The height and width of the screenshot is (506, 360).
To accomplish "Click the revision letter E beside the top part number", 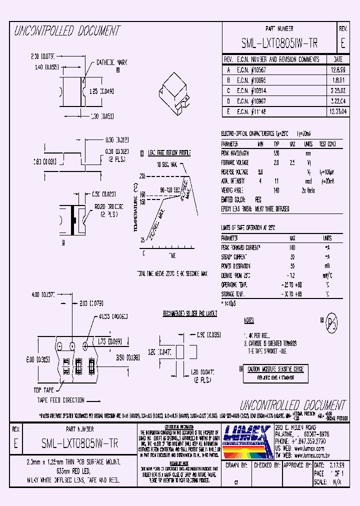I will [342, 44].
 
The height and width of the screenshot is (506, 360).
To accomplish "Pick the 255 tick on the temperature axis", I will [142, 176].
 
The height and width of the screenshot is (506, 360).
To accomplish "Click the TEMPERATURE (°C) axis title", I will [135, 207].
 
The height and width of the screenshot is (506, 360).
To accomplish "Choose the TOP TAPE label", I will [43, 389].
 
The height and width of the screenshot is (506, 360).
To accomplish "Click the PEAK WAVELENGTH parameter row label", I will [235, 153].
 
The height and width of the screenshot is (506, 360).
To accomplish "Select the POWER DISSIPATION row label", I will [236, 266].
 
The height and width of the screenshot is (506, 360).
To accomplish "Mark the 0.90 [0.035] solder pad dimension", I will [208, 334].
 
